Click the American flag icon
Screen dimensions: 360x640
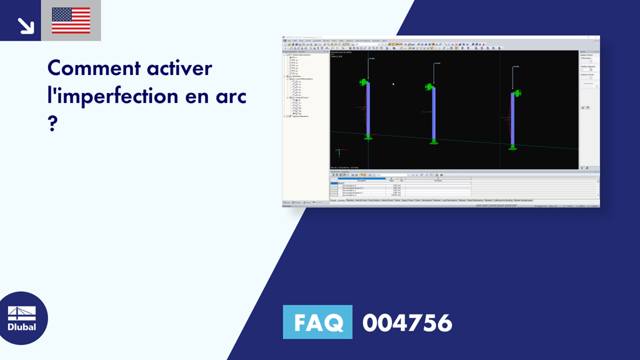tap(71, 21)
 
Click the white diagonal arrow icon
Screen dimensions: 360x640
tap(25, 25)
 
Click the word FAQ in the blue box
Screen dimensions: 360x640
tap(318, 322)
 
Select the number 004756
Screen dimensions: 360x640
tap(407, 323)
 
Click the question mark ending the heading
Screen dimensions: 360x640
tap(52, 123)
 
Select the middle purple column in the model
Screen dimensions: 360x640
tap(434, 112)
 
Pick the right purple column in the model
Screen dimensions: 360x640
tap(512, 118)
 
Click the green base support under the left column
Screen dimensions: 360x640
tap(368, 136)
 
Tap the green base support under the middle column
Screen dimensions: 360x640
tap(434, 141)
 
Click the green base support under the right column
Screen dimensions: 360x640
tap(512, 147)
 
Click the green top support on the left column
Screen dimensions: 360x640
tap(363, 82)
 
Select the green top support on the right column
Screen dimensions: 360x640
tap(516, 95)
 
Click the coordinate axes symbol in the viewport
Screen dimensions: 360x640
tap(339, 152)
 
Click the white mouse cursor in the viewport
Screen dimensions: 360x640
tap(393, 84)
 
